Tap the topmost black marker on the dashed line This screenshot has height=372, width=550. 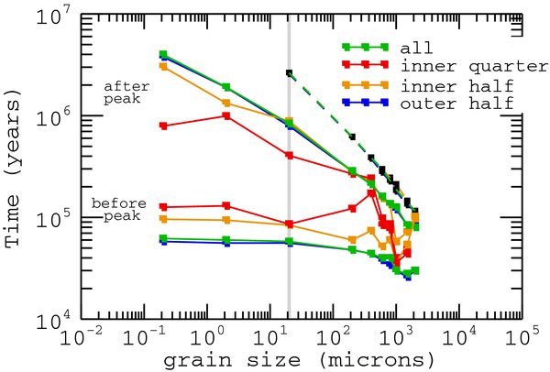290,72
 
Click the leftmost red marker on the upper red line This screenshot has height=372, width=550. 163,126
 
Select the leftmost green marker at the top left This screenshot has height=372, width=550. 163,54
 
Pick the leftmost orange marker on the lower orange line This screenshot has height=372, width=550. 163,219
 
